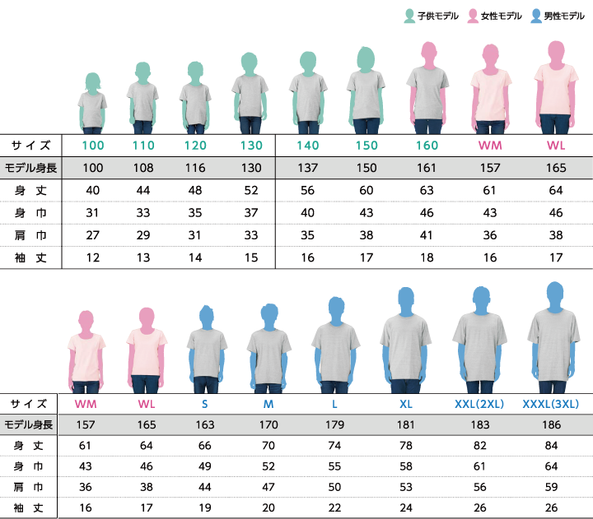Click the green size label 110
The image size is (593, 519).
[143, 146]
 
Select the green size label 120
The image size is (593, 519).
[195, 146]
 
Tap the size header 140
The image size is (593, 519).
[308, 146]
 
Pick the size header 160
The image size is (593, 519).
[427, 146]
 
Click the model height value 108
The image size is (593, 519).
[143, 168]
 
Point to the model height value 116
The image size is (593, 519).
[195, 168]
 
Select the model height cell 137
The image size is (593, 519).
[308, 168]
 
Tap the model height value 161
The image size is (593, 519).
[427, 168]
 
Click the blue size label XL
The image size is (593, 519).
[406, 405]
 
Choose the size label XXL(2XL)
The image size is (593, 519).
[479, 405]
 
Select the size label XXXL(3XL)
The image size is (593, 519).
[551, 405]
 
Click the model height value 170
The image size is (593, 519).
[268, 425]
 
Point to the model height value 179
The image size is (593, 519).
[334, 425]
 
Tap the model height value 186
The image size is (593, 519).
[551, 425]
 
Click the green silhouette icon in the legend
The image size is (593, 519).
[409, 15]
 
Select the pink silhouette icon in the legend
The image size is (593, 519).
[473, 15]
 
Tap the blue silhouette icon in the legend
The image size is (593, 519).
[536, 15]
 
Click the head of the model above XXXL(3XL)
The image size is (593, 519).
[551, 294]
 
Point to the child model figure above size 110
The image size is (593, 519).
[143, 99]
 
